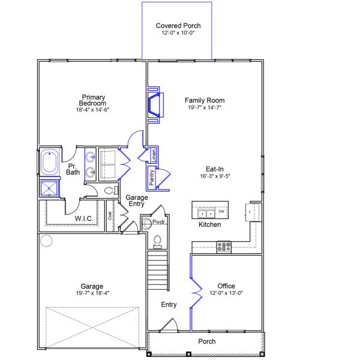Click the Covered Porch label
[x=178, y=25]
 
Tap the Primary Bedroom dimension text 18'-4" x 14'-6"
[x=92, y=110]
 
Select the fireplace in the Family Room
[x=155, y=105]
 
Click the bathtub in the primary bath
[x=49, y=161]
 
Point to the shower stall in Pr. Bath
[x=49, y=188]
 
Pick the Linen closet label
[x=154, y=155]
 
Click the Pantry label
[x=152, y=178]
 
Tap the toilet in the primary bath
[x=111, y=190]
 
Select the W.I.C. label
[x=84, y=218]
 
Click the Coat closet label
[x=110, y=215]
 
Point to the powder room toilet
[x=157, y=242]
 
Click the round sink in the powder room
[x=146, y=223]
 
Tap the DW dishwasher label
[x=221, y=211]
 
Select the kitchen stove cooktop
[x=224, y=247]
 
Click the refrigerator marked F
[x=253, y=212]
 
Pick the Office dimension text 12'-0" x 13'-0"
[x=226, y=293]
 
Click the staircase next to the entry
[x=158, y=270]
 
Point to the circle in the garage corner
[x=46, y=241]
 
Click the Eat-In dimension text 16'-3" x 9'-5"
[x=215, y=176]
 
